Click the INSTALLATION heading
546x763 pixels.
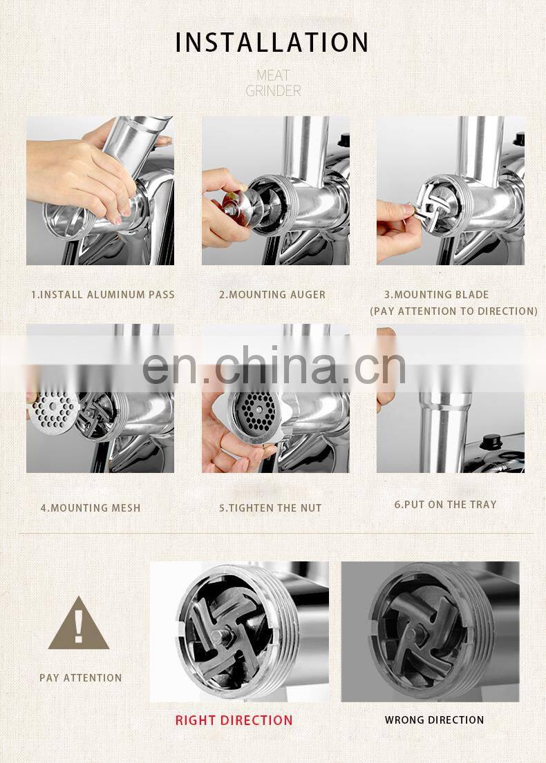point(272,42)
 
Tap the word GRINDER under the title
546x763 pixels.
point(273,90)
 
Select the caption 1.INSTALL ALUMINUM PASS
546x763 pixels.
point(103,294)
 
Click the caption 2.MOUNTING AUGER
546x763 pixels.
point(272,294)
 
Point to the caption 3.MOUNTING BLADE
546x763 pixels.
point(436,294)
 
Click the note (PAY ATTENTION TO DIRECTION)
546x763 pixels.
point(453,311)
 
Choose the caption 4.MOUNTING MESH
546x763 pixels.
point(91,508)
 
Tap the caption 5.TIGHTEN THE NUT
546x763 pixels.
point(270,508)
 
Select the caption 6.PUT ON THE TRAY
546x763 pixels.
point(445,505)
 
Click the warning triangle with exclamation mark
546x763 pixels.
point(78,626)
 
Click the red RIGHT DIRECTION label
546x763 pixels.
point(234,720)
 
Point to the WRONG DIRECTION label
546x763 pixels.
point(435,719)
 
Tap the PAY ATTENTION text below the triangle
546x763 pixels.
point(81,678)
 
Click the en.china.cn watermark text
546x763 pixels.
point(274,366)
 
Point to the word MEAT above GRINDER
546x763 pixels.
point(273,75)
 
